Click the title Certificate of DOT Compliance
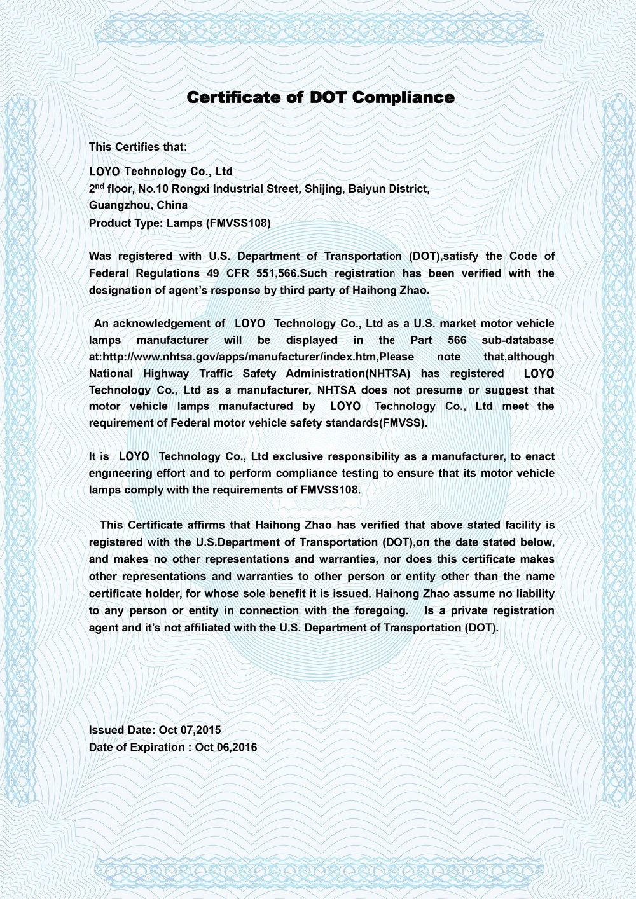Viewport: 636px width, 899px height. click(321, 97)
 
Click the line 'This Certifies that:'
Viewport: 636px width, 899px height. click(138, 147)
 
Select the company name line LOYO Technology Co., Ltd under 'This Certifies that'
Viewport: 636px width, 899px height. click(161, 172)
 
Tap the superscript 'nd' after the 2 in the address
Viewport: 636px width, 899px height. click(100, 186)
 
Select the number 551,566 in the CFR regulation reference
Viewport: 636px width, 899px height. click(276, 273)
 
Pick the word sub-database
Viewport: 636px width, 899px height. click(518, 341)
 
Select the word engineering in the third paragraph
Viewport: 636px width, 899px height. click(121, 474)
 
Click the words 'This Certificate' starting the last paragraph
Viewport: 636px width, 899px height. click(141, 525)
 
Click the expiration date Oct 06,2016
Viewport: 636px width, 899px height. click(226, 748)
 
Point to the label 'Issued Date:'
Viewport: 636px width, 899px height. click(122, 731)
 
